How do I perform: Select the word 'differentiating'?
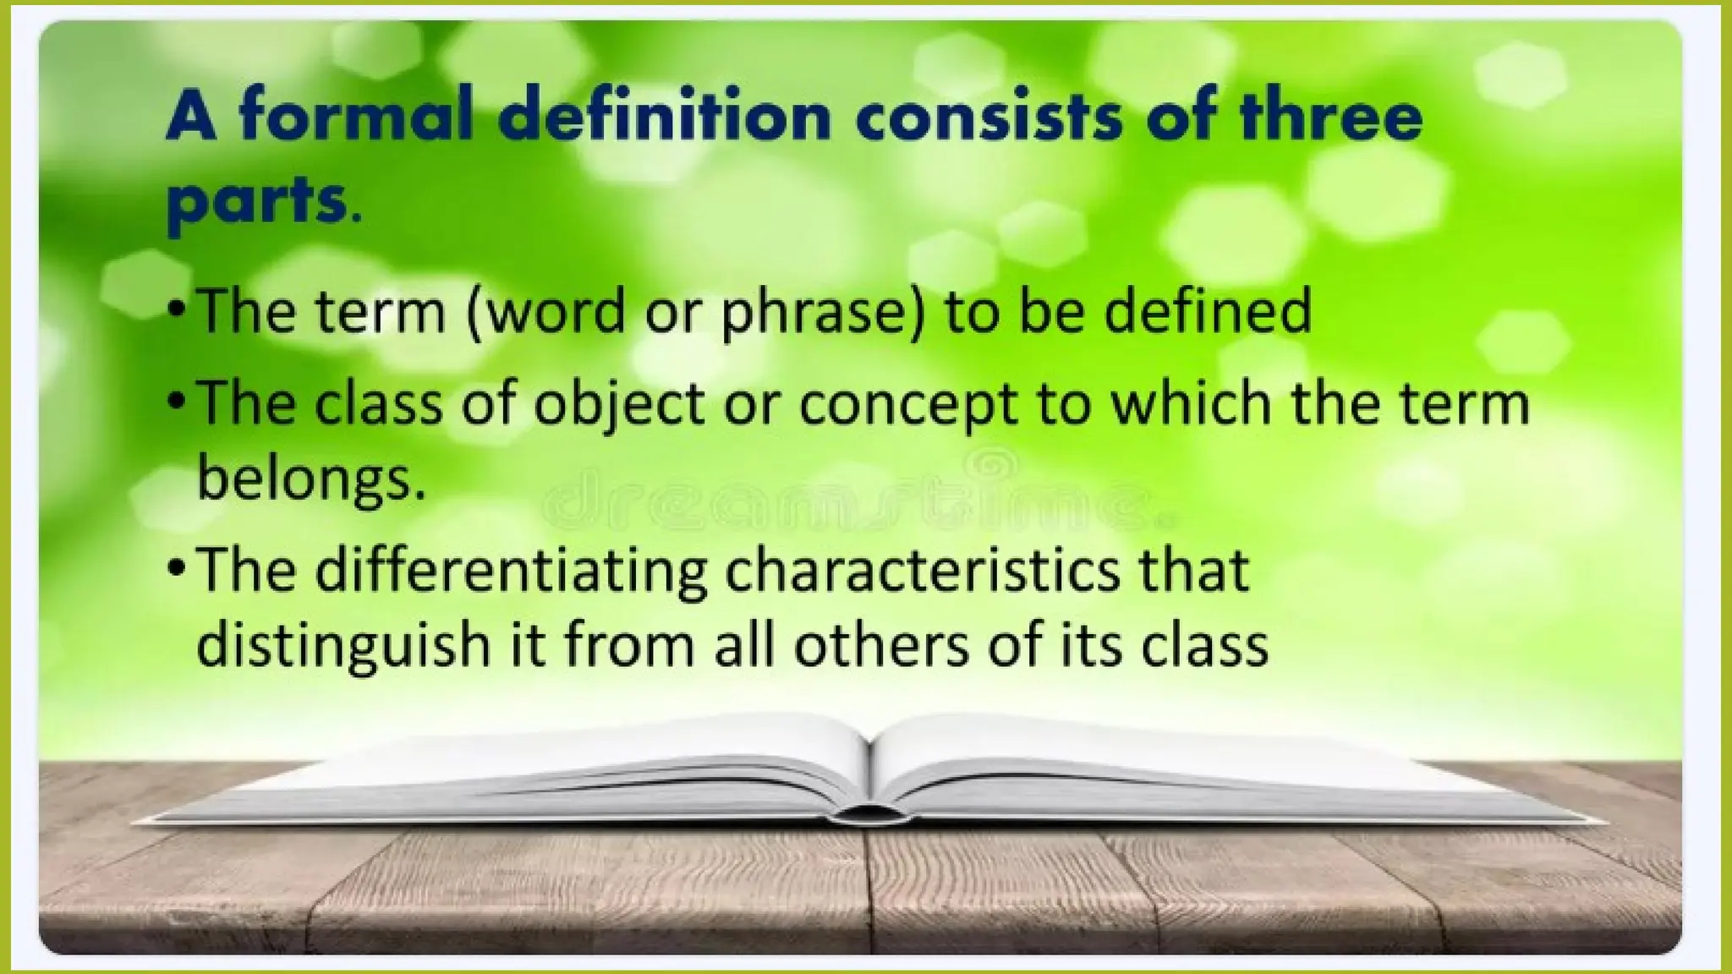[511, 571]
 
